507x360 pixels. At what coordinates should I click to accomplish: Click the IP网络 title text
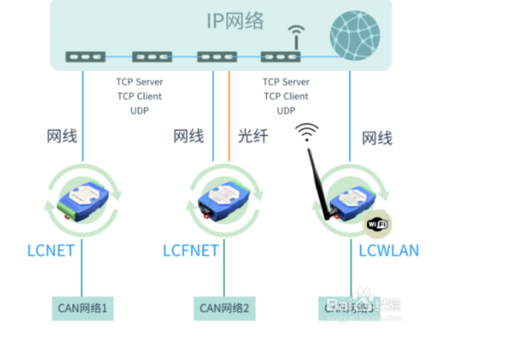click(x=235, y=21)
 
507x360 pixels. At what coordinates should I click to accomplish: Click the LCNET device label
click(x=50, y=251)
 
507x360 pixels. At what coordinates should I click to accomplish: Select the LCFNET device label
click(x=191, y=251)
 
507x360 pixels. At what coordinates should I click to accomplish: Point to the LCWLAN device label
click(x=388, y=251)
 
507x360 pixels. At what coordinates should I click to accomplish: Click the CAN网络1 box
click(x=83, y=309)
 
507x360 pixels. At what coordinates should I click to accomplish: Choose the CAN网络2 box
click(x=224, y=309)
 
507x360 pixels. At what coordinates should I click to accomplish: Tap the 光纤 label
click(x=253, y=136)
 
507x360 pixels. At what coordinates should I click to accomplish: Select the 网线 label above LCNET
click(x=62, y=136)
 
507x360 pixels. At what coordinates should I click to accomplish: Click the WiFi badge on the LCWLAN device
click(x=378, y=224)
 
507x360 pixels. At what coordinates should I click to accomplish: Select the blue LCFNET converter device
click(x=224, y=196)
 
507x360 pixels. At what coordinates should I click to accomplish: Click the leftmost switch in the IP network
click(x=86, y=57)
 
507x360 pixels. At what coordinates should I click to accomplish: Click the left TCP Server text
click(x=139, y=82)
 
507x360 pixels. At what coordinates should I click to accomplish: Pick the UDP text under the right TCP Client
click(x=286, y=110)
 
